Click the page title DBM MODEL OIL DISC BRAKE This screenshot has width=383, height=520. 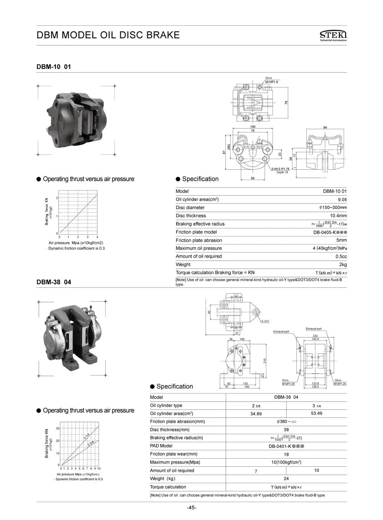click(x=108, y=35)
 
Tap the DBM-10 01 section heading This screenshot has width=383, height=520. click(x=54, y=67)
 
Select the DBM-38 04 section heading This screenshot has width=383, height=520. click(x=54, y=282)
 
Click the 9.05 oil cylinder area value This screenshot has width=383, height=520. click(x=342, y=200)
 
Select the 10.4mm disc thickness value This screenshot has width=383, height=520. click(x=338, y=216)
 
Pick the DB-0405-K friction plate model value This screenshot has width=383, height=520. click(x=330, y=232)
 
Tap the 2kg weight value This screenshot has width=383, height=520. click(x=343, y=265)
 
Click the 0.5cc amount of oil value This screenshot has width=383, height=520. click(x=341, y=256)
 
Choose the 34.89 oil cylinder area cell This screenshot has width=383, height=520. click(x=256, y=414)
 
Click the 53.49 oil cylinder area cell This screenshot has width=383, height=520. click(x=316, y=413)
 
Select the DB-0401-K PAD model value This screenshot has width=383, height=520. click(x=286, y=446)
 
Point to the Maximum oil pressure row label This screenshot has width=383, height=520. click(x=199, y=248)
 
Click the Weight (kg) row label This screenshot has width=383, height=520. click(x=163, y=479)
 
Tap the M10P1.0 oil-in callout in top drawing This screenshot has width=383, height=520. click(x=271, y=82)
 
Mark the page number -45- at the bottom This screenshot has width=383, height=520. click(x=191, y=508)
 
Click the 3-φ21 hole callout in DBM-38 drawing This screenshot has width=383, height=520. click(x=265, y=321)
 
